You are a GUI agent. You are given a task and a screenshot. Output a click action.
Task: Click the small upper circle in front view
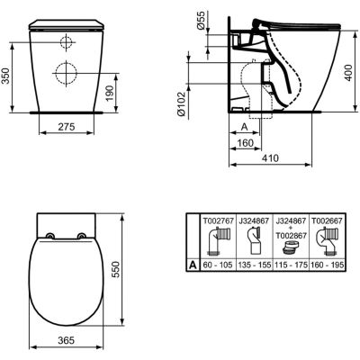coord(66,42)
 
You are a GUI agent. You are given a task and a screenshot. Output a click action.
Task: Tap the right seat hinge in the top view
coord(83,237)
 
